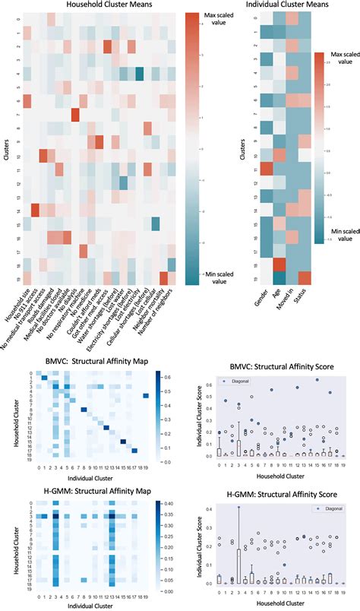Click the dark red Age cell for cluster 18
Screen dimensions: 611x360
point(276,264)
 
